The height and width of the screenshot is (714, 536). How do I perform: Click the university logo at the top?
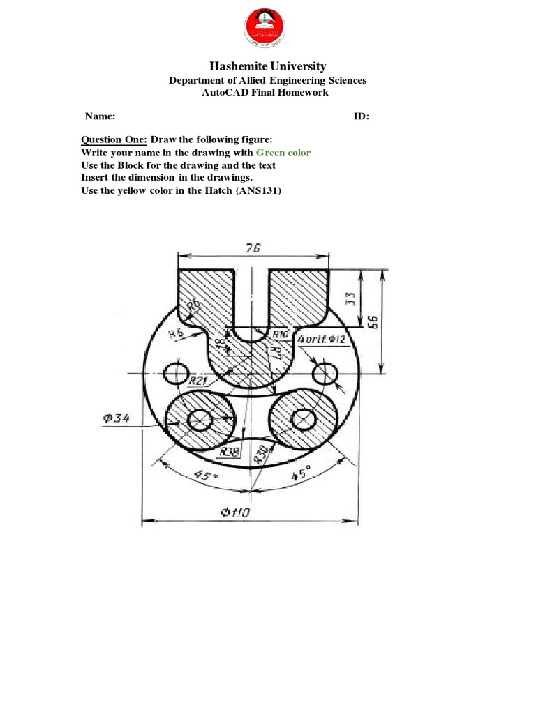268,30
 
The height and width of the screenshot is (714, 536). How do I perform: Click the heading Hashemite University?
268,66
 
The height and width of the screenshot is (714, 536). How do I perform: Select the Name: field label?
100,116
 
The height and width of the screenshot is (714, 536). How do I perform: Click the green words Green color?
283,153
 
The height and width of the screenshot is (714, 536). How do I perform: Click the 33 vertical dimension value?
351,298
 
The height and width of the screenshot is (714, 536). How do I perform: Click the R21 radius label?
198,381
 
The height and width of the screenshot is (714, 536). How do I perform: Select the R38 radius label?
230,452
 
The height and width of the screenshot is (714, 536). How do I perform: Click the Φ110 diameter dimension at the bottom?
236,512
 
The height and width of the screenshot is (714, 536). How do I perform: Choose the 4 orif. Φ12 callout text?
322,340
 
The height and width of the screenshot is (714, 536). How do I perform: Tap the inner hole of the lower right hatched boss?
302,419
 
